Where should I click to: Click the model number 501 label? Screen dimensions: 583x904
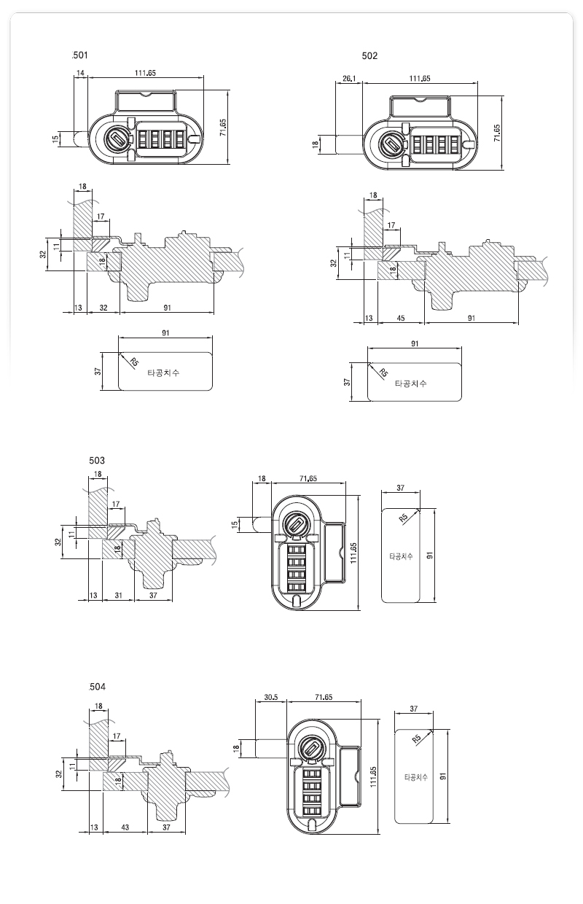[x=80, y=55]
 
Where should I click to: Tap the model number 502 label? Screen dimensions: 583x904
[x=369, y=56]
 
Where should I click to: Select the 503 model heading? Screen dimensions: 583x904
[x=97, y=461]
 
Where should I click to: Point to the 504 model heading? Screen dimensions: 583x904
[x=98, y=687]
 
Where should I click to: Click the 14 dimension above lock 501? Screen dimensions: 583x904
[x=80, y=73]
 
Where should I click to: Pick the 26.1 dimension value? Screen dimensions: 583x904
[x=349, y=78]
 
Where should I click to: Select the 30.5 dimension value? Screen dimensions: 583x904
[x=270, y=697]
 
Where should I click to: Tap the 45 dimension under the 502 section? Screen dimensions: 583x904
[x=401, y=318]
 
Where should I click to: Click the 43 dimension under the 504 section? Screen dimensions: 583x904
[x=125, y=827]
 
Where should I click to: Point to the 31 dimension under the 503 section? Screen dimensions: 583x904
[x=118, y=595]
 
